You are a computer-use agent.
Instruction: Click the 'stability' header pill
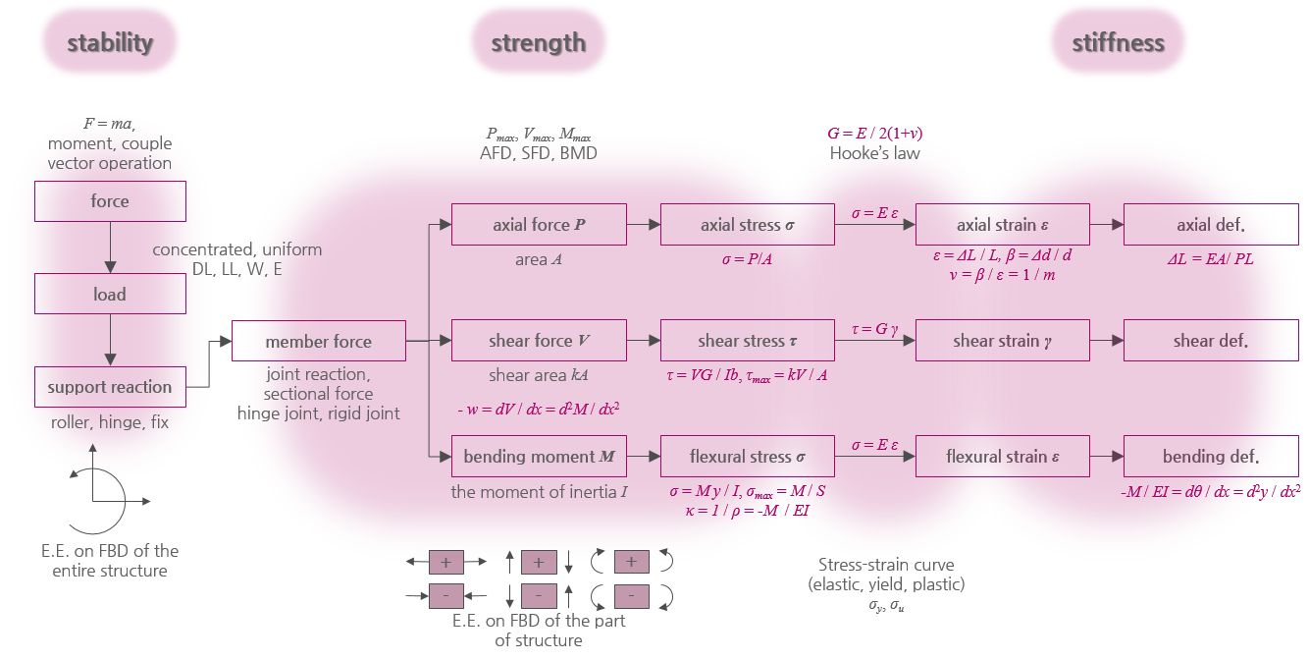pos(110,42)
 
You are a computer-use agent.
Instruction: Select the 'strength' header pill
pos(539,42)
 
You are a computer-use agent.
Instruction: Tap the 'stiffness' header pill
pos(1118,42)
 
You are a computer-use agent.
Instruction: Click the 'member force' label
pos(318,342)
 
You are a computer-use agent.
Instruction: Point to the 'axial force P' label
pos(539,225)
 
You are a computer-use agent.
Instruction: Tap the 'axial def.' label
pos(1210,225)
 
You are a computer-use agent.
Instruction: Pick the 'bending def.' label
pos(1210,457)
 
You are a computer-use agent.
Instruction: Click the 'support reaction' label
pos(110,387)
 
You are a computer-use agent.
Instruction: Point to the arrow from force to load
pos(110,247)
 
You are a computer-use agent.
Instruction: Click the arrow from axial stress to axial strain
pos(874,225)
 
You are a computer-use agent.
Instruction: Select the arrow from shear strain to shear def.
pos(1106,341)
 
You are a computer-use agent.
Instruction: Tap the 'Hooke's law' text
pos(875,153)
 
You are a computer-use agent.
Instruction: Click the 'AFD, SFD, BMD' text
pos(538,153)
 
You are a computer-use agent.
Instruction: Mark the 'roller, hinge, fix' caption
pos(110,422)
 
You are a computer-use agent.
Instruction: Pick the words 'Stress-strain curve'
pos(886,565)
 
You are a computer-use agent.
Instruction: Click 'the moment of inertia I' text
pos(539,491)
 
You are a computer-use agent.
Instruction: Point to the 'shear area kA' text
pos(539,375)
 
